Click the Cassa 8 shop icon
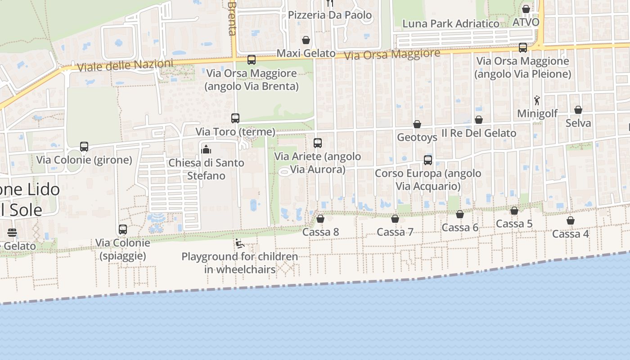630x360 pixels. point(320,219)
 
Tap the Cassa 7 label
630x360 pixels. point(395,232)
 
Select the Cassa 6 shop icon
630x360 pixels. point(460,214)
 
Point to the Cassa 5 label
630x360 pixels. point(514,224)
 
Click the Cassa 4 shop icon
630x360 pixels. point(571,220)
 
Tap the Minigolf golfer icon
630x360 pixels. point(536,100)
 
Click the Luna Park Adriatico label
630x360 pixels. point(450,24)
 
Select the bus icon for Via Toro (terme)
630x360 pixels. point(235,118)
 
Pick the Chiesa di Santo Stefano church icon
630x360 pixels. point(207,149)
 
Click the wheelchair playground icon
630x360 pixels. point(239,244)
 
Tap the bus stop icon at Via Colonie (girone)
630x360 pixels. point(84,147)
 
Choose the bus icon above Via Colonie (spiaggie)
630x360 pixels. point(123,229)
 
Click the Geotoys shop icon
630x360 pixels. point(417,124)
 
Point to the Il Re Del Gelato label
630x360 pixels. point(479,133)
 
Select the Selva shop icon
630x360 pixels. point(578,110)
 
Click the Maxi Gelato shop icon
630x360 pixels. point(306,40)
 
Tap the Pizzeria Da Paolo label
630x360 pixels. point(330,15)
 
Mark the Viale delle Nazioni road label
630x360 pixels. point(125,66)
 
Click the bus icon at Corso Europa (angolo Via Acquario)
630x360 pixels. point(428,160)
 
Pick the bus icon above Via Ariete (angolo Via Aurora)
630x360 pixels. point(318,143)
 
